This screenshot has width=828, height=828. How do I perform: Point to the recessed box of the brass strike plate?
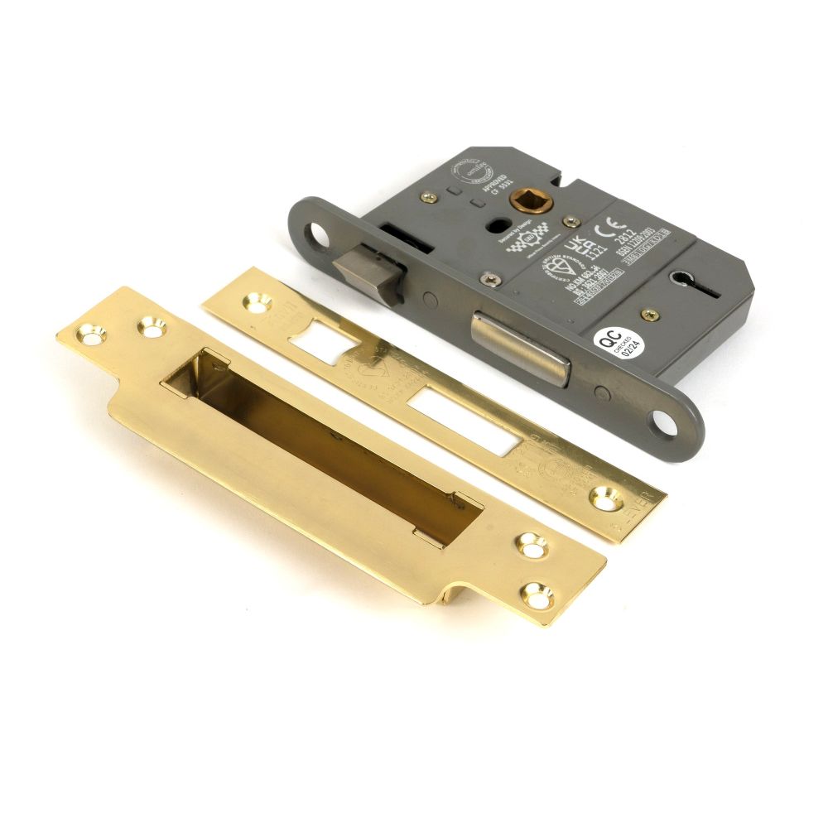323,447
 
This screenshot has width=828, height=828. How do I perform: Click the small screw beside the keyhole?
650,315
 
